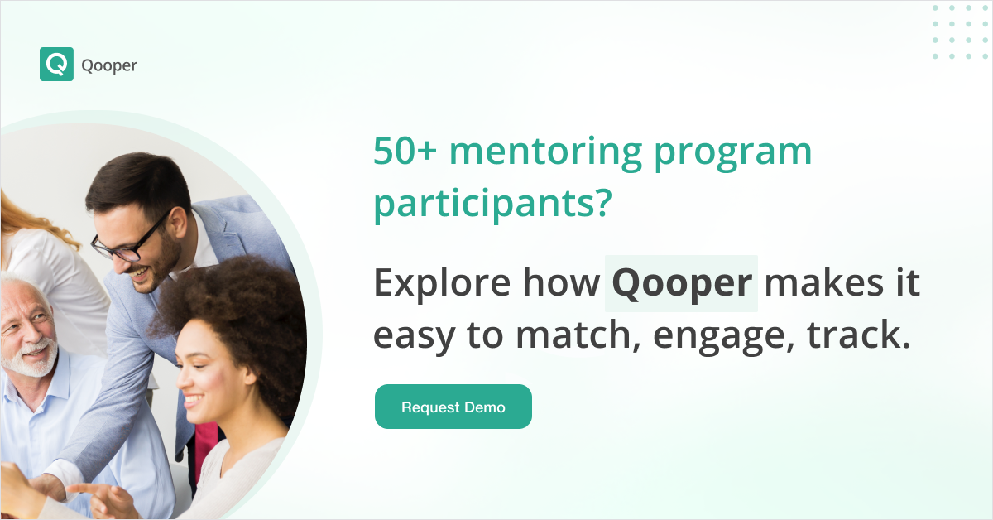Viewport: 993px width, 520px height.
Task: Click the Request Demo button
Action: coord(453,407)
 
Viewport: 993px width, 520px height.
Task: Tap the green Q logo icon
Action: coord(56,65)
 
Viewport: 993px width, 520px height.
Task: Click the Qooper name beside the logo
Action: coord(109,65)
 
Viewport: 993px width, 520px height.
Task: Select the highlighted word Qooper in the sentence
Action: coord(681,284)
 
